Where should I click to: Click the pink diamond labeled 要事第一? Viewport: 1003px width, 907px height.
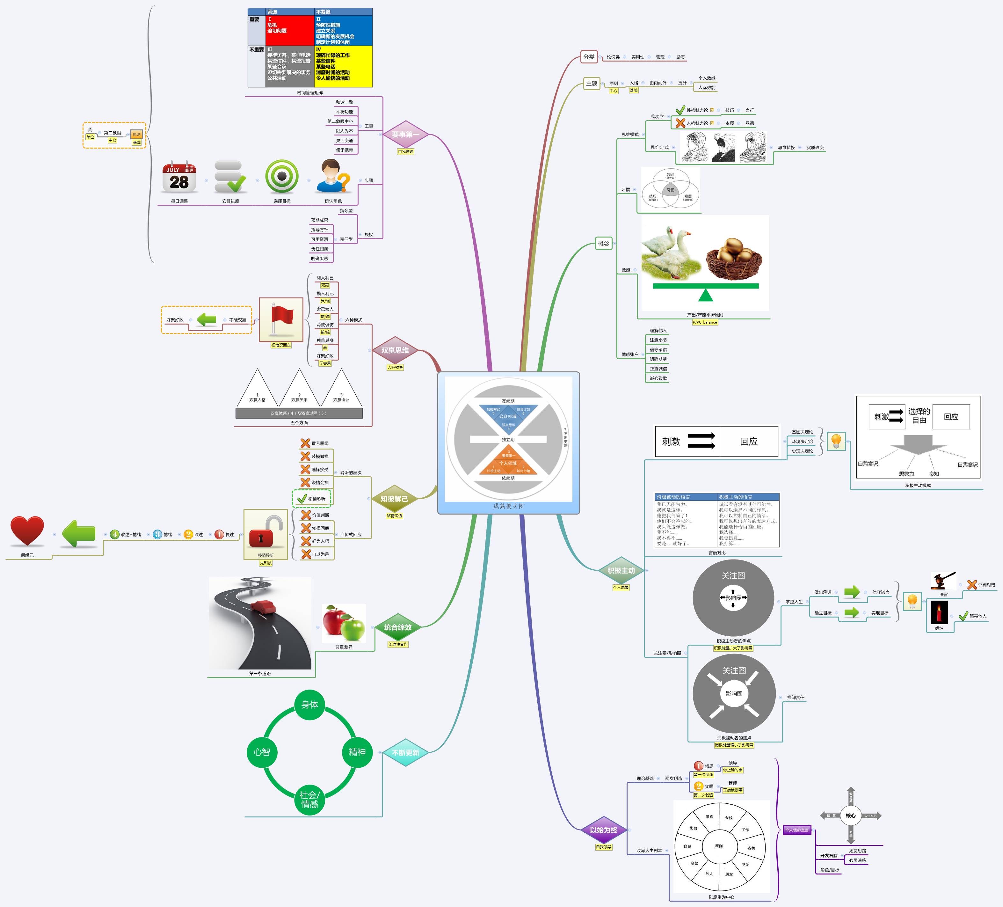[405, 134]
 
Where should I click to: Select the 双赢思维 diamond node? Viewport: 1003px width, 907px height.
[395, 350]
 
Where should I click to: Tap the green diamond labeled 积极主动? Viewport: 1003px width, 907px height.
[621, 571]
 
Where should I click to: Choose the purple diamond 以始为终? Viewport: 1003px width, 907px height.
[604, 830]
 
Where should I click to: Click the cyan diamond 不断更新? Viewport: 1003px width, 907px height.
[405, 753]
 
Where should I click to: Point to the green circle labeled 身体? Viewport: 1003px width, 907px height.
[309, 705]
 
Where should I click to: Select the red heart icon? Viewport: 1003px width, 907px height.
[27, 531]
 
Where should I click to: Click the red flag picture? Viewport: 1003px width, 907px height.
[281, 319]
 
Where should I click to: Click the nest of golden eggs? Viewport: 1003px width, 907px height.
[733, 257]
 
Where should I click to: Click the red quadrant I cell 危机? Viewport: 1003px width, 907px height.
[290, 30]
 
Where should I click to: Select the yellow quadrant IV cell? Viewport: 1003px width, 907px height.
[343, 66]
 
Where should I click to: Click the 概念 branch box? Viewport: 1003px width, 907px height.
[604, 243]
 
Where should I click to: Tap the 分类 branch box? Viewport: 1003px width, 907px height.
[589, 57]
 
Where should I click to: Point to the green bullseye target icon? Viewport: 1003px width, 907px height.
[282, 177]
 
